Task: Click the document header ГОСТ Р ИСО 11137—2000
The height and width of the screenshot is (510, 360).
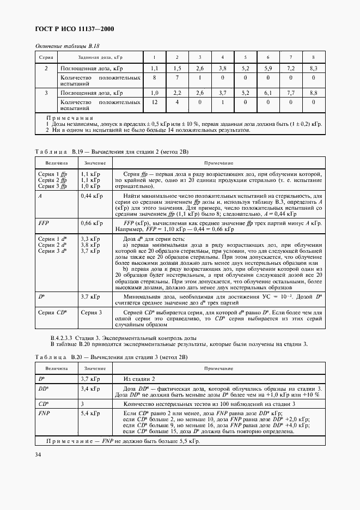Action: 74,29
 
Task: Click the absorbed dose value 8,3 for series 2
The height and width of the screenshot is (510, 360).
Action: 313,68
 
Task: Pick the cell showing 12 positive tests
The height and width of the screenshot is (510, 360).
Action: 154,102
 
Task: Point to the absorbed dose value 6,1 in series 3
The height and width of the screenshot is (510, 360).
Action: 267,93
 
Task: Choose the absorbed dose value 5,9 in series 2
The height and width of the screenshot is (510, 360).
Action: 267,68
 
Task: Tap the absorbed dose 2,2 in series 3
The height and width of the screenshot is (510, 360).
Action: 176,93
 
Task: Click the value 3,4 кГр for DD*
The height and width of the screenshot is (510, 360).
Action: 90,389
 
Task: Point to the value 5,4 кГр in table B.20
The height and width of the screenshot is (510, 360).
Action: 90,414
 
